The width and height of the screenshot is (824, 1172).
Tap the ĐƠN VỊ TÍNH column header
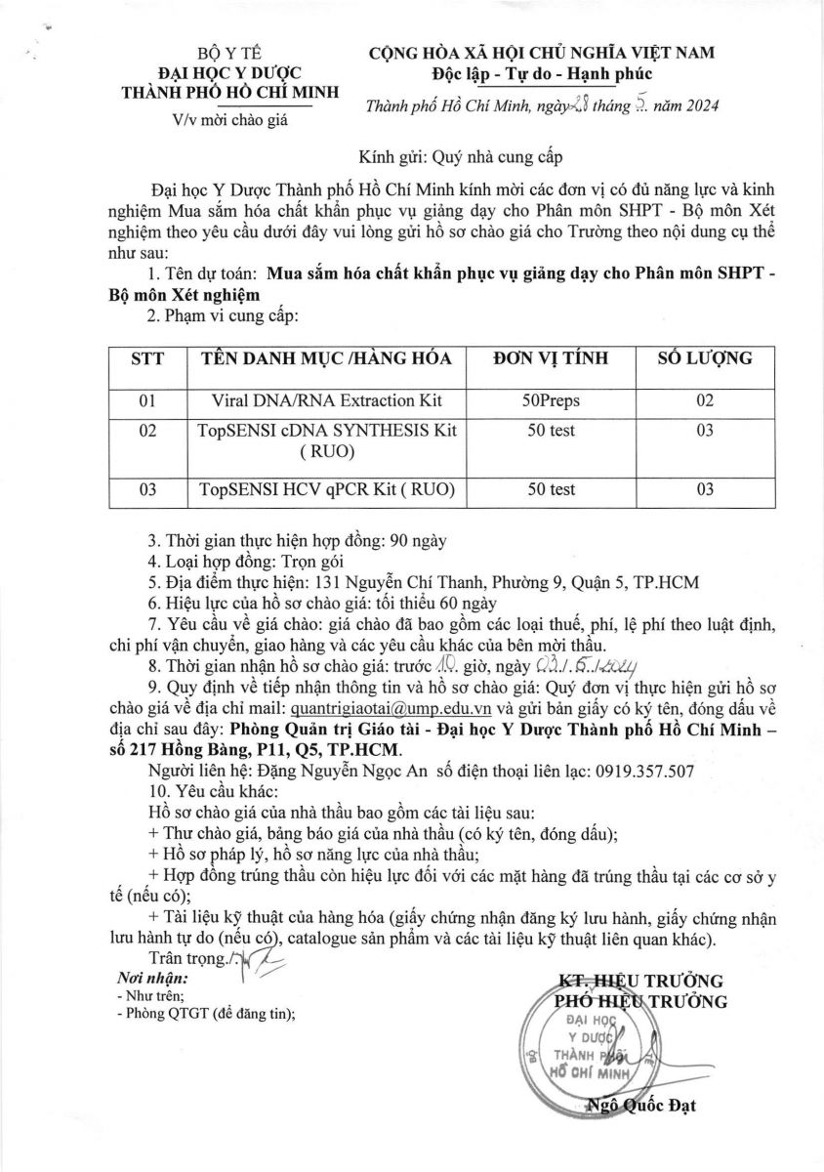tap(552, 358)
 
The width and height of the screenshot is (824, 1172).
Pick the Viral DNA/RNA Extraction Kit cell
tap(327, 400)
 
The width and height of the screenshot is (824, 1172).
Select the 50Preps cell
tap(552, 400)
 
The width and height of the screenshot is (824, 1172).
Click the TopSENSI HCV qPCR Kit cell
tap(327, 489)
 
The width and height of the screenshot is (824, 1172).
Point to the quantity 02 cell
tap(705, 400)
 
